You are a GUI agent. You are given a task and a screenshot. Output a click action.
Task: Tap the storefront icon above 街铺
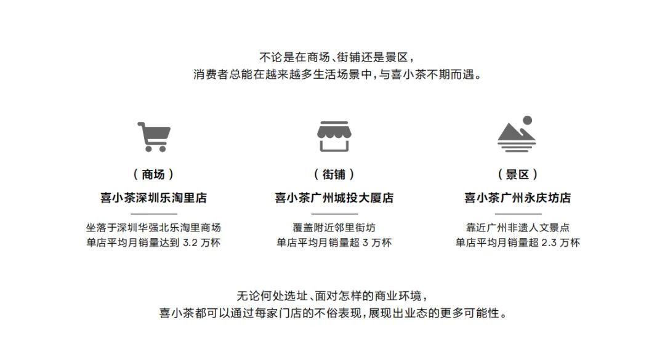[x=334, y=137]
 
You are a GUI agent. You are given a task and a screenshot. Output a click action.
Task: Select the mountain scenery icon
[x=517, y=135]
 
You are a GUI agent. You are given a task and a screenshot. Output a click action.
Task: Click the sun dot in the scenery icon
[x=527, y=121]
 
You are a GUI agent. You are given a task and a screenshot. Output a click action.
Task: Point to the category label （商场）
[x=153, y=174]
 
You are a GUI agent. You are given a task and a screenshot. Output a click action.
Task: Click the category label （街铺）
[x=334, y=174]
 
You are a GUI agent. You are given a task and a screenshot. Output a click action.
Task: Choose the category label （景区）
[x=517, y=174]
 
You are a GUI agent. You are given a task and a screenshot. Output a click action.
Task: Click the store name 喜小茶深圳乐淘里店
[x=153, y=198]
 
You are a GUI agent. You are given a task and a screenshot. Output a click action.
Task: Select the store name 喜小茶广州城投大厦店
[x=334, y=198]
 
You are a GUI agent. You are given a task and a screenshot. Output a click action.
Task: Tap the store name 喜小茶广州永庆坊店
[x=517, y=198]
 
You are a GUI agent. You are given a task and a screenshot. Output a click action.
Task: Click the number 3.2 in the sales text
[x=190, y=243]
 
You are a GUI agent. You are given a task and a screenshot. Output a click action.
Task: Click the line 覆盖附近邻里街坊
[x=334, y=228]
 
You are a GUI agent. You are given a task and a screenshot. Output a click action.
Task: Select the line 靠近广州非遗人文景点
[x=517, y=228]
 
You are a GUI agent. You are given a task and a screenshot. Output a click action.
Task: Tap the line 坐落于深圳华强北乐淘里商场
[x=153, y=228]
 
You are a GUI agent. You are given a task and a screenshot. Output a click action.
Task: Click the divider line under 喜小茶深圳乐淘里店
[x=153, y=214]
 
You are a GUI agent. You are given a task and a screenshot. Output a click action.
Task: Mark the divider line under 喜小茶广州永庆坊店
[x=518, y=214]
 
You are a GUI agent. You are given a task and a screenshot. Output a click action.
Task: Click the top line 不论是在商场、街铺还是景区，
[x=337, y=57]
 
